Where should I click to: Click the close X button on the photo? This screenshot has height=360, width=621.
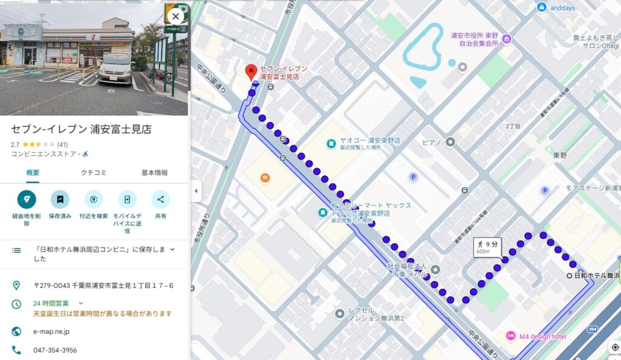click(175, 16)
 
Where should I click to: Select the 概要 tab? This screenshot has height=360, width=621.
click(33, 173)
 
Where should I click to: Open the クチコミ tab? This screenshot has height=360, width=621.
click(93, 173)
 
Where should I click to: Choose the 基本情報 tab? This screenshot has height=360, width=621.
click(155, 173)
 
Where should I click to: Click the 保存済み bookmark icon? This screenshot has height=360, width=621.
click(60, 199)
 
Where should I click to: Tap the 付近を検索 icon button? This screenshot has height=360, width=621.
click(93, 199)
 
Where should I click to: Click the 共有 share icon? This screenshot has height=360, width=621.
click(161, 199)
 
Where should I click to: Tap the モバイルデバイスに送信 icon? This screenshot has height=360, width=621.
click(127, 199)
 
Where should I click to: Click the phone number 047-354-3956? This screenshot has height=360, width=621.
click(55, 350)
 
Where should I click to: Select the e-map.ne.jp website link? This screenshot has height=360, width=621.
click(52, 332)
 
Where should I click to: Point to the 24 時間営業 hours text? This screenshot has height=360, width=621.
click(51, 303)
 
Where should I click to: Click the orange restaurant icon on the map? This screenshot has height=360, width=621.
click(264, 178)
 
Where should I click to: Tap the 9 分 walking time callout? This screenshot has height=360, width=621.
click(488, 246)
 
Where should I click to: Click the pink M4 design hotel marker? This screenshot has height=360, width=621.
click(511, 336)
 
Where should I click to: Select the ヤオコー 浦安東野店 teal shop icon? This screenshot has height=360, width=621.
click(331, 144)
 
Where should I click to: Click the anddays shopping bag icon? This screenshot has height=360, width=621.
click(542, 7)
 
